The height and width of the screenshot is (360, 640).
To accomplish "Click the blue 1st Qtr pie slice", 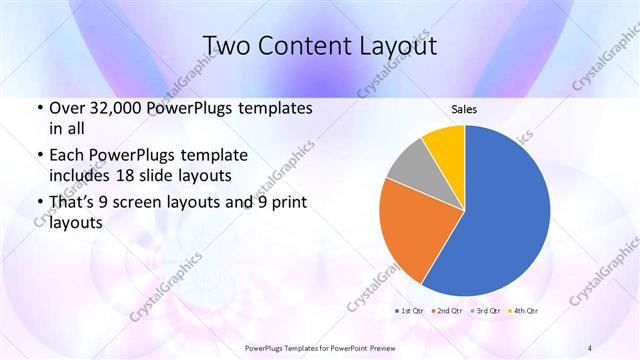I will (500, 210).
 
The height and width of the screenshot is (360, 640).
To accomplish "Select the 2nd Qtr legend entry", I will (448, 312).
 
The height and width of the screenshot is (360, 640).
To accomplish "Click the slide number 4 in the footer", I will (590, 347).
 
